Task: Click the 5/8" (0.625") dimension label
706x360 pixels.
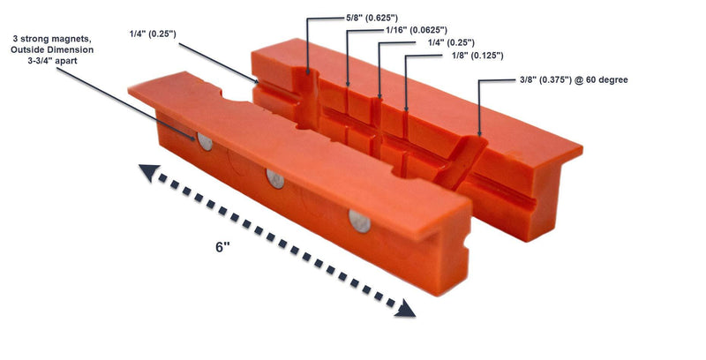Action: coord(372,19)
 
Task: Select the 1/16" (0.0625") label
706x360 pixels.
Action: coord(417,31)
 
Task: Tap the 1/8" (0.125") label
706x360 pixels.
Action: coord(477,56)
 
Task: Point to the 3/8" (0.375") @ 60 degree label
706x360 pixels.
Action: coord(574,80)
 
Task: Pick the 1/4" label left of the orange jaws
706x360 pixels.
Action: coord(153,34)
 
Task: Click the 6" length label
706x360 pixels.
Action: coord(222,247)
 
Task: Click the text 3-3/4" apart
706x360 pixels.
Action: coord(52,61)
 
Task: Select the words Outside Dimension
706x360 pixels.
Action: coord(52,50)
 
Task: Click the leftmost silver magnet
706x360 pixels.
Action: coord(205,142)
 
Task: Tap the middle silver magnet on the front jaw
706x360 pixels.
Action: coord(275,178)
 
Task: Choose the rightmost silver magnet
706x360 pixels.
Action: coord(360,221)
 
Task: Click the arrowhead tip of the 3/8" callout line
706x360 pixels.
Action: coord(479,135)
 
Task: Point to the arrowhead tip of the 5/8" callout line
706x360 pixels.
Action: coord(308,74)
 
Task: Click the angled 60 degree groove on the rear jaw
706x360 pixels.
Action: coord(462,163)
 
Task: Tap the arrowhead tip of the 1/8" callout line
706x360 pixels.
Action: coord(406,110)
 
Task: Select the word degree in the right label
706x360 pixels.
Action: coord(613,80)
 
